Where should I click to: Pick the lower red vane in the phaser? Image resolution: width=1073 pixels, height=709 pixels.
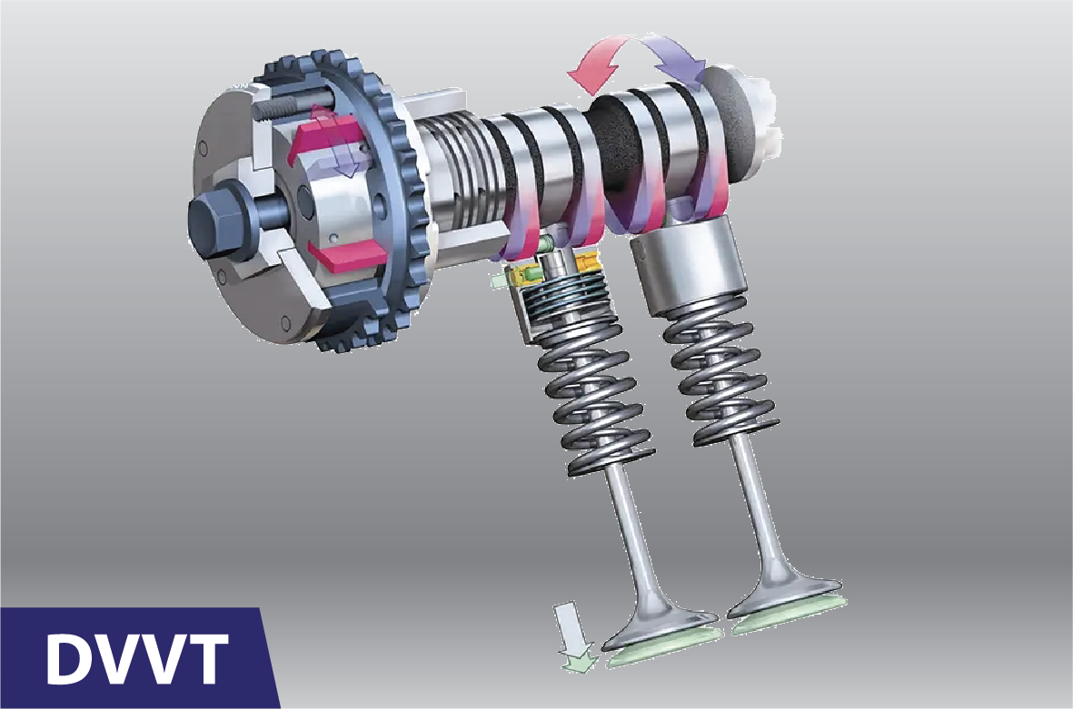point(343,257)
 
